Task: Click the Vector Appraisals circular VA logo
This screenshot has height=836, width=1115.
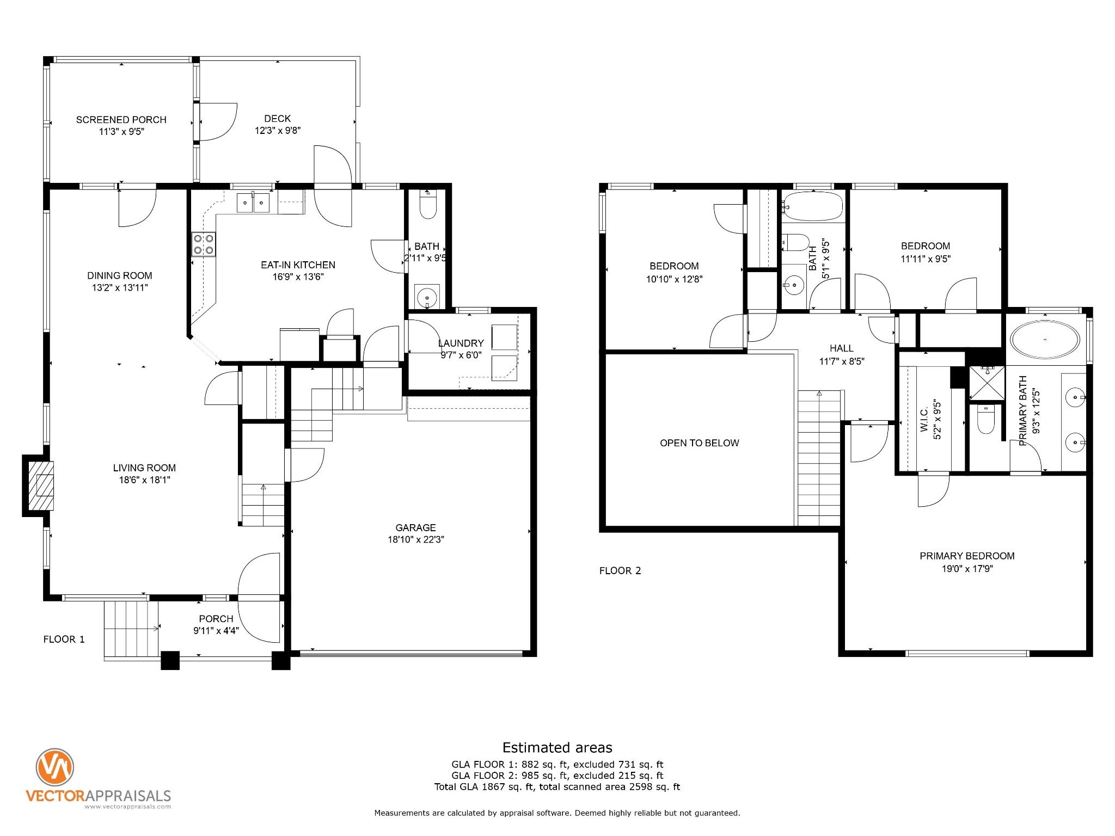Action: coord(54,767)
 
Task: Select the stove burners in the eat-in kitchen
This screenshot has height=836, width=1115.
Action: coord(203,244)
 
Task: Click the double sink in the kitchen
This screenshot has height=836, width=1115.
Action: coord(253,202)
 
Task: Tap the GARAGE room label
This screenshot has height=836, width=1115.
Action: coord(415,527)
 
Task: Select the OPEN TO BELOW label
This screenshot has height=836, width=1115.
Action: coord(700,443)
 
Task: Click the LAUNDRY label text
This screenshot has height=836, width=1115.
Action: coord(461,343)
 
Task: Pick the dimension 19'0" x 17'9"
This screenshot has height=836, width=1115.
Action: coord(967,569)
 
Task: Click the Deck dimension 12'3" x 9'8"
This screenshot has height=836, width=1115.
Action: coord(278,131)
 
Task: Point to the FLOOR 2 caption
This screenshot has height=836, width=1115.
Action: coord(620,570)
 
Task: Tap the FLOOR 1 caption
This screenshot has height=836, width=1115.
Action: coord(64,639)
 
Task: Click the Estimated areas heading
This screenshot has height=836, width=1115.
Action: coord(557,747)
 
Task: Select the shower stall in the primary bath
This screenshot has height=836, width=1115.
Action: coord(987,383)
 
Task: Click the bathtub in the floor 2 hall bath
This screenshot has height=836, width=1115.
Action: coord(813,206)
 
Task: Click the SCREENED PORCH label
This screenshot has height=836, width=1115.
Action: coord(121,120)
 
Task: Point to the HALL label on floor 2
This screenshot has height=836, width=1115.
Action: coord(842,348)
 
